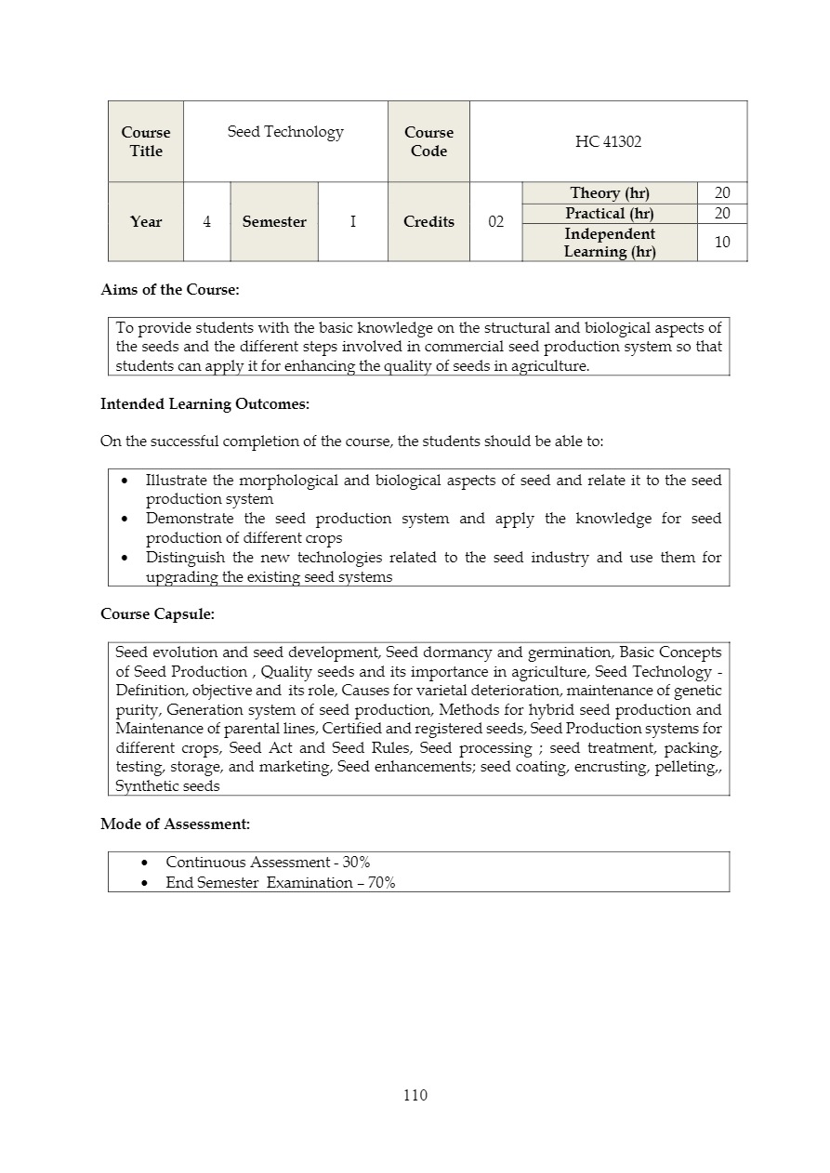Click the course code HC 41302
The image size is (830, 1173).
coord(608,141)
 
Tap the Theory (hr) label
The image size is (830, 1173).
coord(609,193)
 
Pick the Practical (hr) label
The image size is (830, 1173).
coord(609,214)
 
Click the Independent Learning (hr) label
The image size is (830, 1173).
coord(609,243)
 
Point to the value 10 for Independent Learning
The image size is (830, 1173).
coord(722,243)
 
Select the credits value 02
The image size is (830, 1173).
coord(495,222)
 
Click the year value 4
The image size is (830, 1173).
coord(206,222)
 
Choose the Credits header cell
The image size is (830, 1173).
coord(428,222)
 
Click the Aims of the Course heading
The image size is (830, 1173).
coord(169,290)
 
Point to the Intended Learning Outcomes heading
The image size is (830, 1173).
coord(204,404)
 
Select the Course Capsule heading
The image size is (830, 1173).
coord(157,614)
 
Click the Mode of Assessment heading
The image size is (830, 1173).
coord(175,824)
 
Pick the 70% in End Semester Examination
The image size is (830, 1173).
coord(381,883)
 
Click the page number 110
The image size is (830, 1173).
coord(415,1095)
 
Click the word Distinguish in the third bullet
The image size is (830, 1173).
coord(185,558)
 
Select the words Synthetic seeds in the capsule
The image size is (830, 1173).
coord(167,786)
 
